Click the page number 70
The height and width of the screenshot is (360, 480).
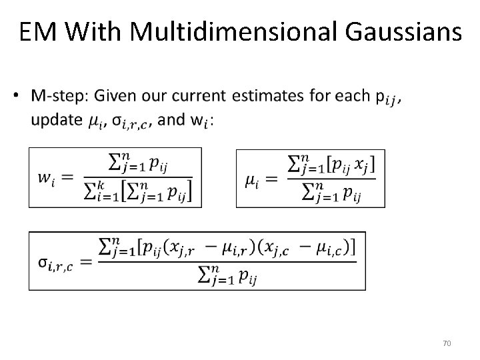pyautogui.click(x=447, y=343)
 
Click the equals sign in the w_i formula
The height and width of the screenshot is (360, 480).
pyautogui.click(x=67, y=178)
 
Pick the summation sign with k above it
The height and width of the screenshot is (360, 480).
pyautogui.click(x=90, y=193)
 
